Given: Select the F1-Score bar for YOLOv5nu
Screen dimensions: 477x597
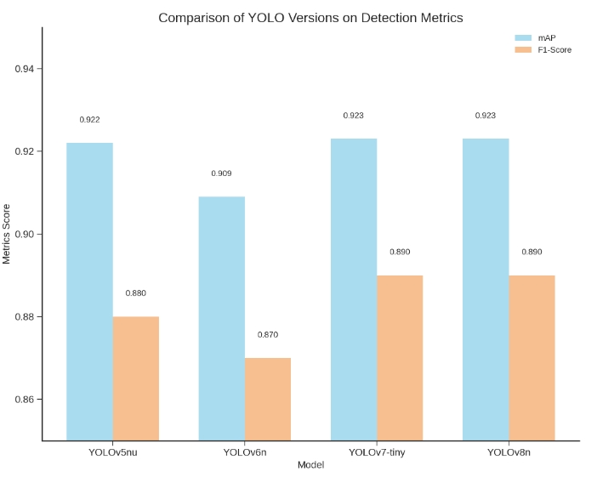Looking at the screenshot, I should [136, 378].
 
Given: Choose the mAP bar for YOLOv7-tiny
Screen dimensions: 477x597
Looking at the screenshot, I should [354, 289].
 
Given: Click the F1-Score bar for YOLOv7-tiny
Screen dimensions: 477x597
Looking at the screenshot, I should [400, 358].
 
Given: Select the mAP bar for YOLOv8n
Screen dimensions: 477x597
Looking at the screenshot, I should [486, 289].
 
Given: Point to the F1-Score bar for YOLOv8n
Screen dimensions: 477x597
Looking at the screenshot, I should [532, 358].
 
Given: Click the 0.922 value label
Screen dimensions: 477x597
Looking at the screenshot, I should [89, 120].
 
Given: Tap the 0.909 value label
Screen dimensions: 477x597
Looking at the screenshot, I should [221, 173].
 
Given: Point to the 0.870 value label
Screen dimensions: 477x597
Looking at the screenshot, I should [268, 334].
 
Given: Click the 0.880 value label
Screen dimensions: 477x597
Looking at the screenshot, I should [136, 293].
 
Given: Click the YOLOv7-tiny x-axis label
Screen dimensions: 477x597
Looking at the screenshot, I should [377, 451].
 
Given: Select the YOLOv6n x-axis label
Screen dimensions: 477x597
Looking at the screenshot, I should [245, 451].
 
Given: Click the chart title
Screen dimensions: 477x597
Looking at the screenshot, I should [310, 18].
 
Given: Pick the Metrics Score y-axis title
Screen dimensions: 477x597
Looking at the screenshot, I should [8, 234].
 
